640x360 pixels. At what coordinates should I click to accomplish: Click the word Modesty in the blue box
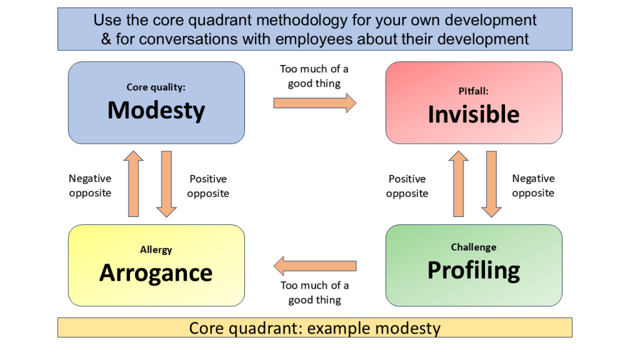156,111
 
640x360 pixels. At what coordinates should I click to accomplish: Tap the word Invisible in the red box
474,114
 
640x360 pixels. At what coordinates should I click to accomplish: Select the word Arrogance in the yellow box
156,273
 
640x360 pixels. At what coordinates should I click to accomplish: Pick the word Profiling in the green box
474,270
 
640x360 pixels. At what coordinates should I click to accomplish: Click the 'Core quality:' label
156,87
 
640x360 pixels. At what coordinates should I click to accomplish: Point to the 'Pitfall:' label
474,91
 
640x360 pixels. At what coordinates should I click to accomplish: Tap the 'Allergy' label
156,250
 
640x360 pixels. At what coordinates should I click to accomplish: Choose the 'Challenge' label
474,247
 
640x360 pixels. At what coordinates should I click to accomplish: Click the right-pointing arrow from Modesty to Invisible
315,103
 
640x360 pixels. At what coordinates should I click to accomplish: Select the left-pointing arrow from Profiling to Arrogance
315,266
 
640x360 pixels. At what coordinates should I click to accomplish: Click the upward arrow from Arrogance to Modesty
134,184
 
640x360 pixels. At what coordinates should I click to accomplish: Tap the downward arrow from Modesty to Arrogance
166,184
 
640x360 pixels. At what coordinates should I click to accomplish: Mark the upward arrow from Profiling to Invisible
458,184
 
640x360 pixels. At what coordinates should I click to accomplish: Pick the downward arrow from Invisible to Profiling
491,184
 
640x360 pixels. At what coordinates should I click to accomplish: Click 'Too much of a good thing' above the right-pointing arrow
314,76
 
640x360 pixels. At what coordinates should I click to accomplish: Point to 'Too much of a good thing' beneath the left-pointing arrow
315,292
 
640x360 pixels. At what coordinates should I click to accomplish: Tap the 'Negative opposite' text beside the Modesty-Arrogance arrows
90,186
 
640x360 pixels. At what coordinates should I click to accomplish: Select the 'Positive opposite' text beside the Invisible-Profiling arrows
407,186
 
